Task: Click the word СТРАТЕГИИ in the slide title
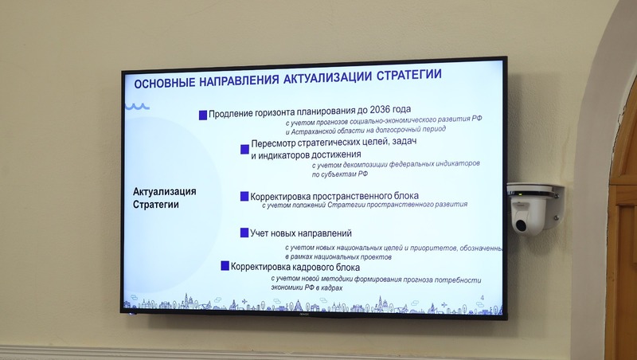(409, 75)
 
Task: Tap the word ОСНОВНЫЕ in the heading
(165, 83)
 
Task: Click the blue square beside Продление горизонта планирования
(203, 115)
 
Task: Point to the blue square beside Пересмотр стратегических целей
(244, 149)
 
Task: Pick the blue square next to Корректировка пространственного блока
(244, 196)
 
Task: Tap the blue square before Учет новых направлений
(244, 233)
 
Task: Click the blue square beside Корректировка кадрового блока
(225, 266)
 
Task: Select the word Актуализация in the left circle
(165, 192)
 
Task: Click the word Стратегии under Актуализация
(155, 205)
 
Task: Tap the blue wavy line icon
(137, 107)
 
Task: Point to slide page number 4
(483, 298)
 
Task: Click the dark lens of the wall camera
(521, 225)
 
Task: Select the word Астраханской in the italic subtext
(311, 131)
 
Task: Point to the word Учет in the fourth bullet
(259, 233)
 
